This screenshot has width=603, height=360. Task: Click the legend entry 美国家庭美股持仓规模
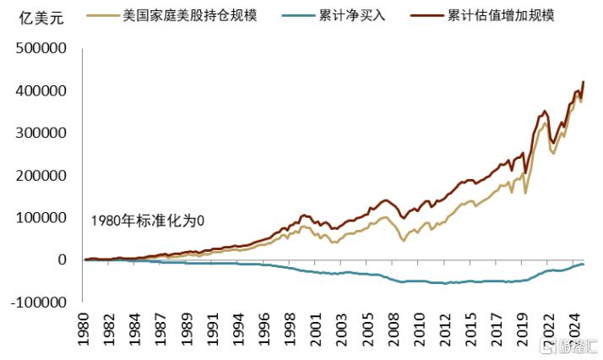click(x=190, y=15)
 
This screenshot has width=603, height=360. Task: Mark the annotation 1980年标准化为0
click(x=149, y=221)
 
